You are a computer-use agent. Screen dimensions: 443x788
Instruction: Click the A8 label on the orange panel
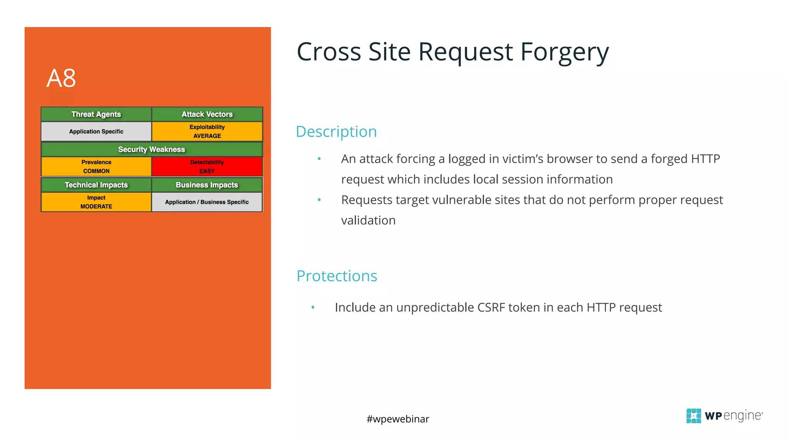[x=61, y=78]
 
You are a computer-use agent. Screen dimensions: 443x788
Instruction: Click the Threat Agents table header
[x=96, y=114]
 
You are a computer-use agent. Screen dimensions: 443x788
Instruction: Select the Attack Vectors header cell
[x=207, y=114]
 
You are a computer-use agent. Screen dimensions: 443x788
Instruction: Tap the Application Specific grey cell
[x=96, y=132]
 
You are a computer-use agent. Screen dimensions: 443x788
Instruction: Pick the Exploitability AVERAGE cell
[x=207, y=132]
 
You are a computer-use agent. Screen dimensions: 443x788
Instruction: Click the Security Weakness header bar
[x=152, y=149]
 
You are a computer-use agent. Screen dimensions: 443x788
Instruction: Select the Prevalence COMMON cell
[x=96, y=167]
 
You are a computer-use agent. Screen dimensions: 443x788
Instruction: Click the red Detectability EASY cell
[x=207, y=167]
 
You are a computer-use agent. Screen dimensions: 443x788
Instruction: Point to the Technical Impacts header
[x=96, y=185]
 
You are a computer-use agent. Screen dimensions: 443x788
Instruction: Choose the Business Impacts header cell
[x=207, y=185]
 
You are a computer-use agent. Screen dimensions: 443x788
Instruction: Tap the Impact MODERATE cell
[x=96, y=202]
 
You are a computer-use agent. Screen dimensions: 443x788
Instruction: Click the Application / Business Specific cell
[x=207, y=202]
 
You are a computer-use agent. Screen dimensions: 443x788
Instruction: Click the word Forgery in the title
[x=564, y=52]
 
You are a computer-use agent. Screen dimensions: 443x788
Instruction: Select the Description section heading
[x=336, y=132]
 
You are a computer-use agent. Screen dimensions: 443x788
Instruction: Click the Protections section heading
[x=337, y=276]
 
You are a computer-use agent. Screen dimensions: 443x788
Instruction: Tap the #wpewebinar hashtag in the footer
[x=398, y=419]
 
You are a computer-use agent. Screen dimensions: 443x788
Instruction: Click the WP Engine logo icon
[x=694, y=416]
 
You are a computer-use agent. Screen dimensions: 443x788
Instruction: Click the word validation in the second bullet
[x=368, y=220]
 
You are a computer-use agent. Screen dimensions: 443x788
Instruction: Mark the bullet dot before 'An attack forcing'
[x=319, y=159]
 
